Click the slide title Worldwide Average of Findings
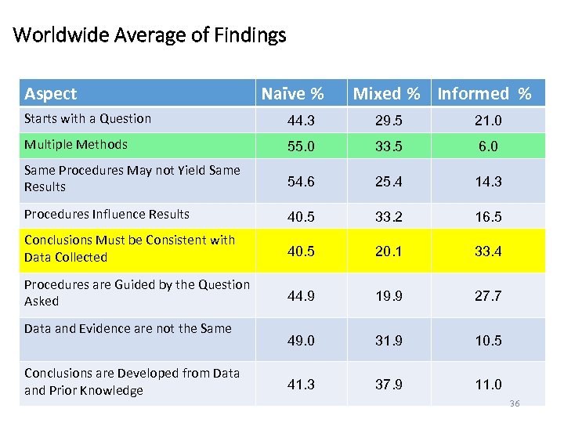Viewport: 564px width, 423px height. coord(150,35)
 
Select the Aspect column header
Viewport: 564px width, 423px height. coord(51,94)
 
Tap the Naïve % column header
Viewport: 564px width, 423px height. coord(292,94)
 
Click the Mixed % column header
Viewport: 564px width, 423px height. coord(386,94)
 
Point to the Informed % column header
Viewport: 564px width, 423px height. coord(484,94)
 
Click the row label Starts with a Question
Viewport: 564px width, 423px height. coord(88,119)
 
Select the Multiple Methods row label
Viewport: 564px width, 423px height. coord(76,144)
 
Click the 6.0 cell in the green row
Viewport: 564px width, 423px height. coord(488,146)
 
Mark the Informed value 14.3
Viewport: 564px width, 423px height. coord(487,181)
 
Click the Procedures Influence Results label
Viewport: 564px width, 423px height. coord(107,214)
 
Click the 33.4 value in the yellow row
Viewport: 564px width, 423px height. coord(487,251)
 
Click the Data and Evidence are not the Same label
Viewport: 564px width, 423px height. coord(128,328)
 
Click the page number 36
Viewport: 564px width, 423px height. coord(515,403)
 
